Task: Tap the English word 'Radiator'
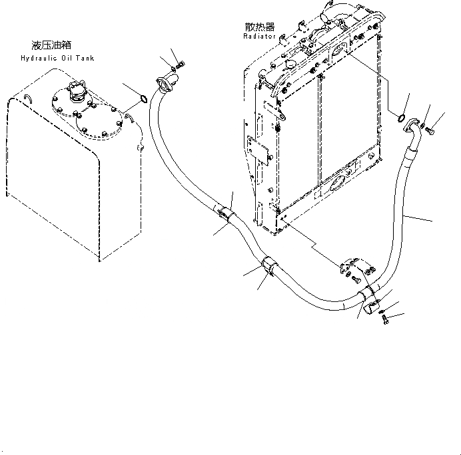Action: coord(260,37)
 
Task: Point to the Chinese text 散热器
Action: coord(260,27)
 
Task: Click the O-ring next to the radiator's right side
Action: coord(402,119)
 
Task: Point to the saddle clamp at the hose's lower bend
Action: coord(368,297)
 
